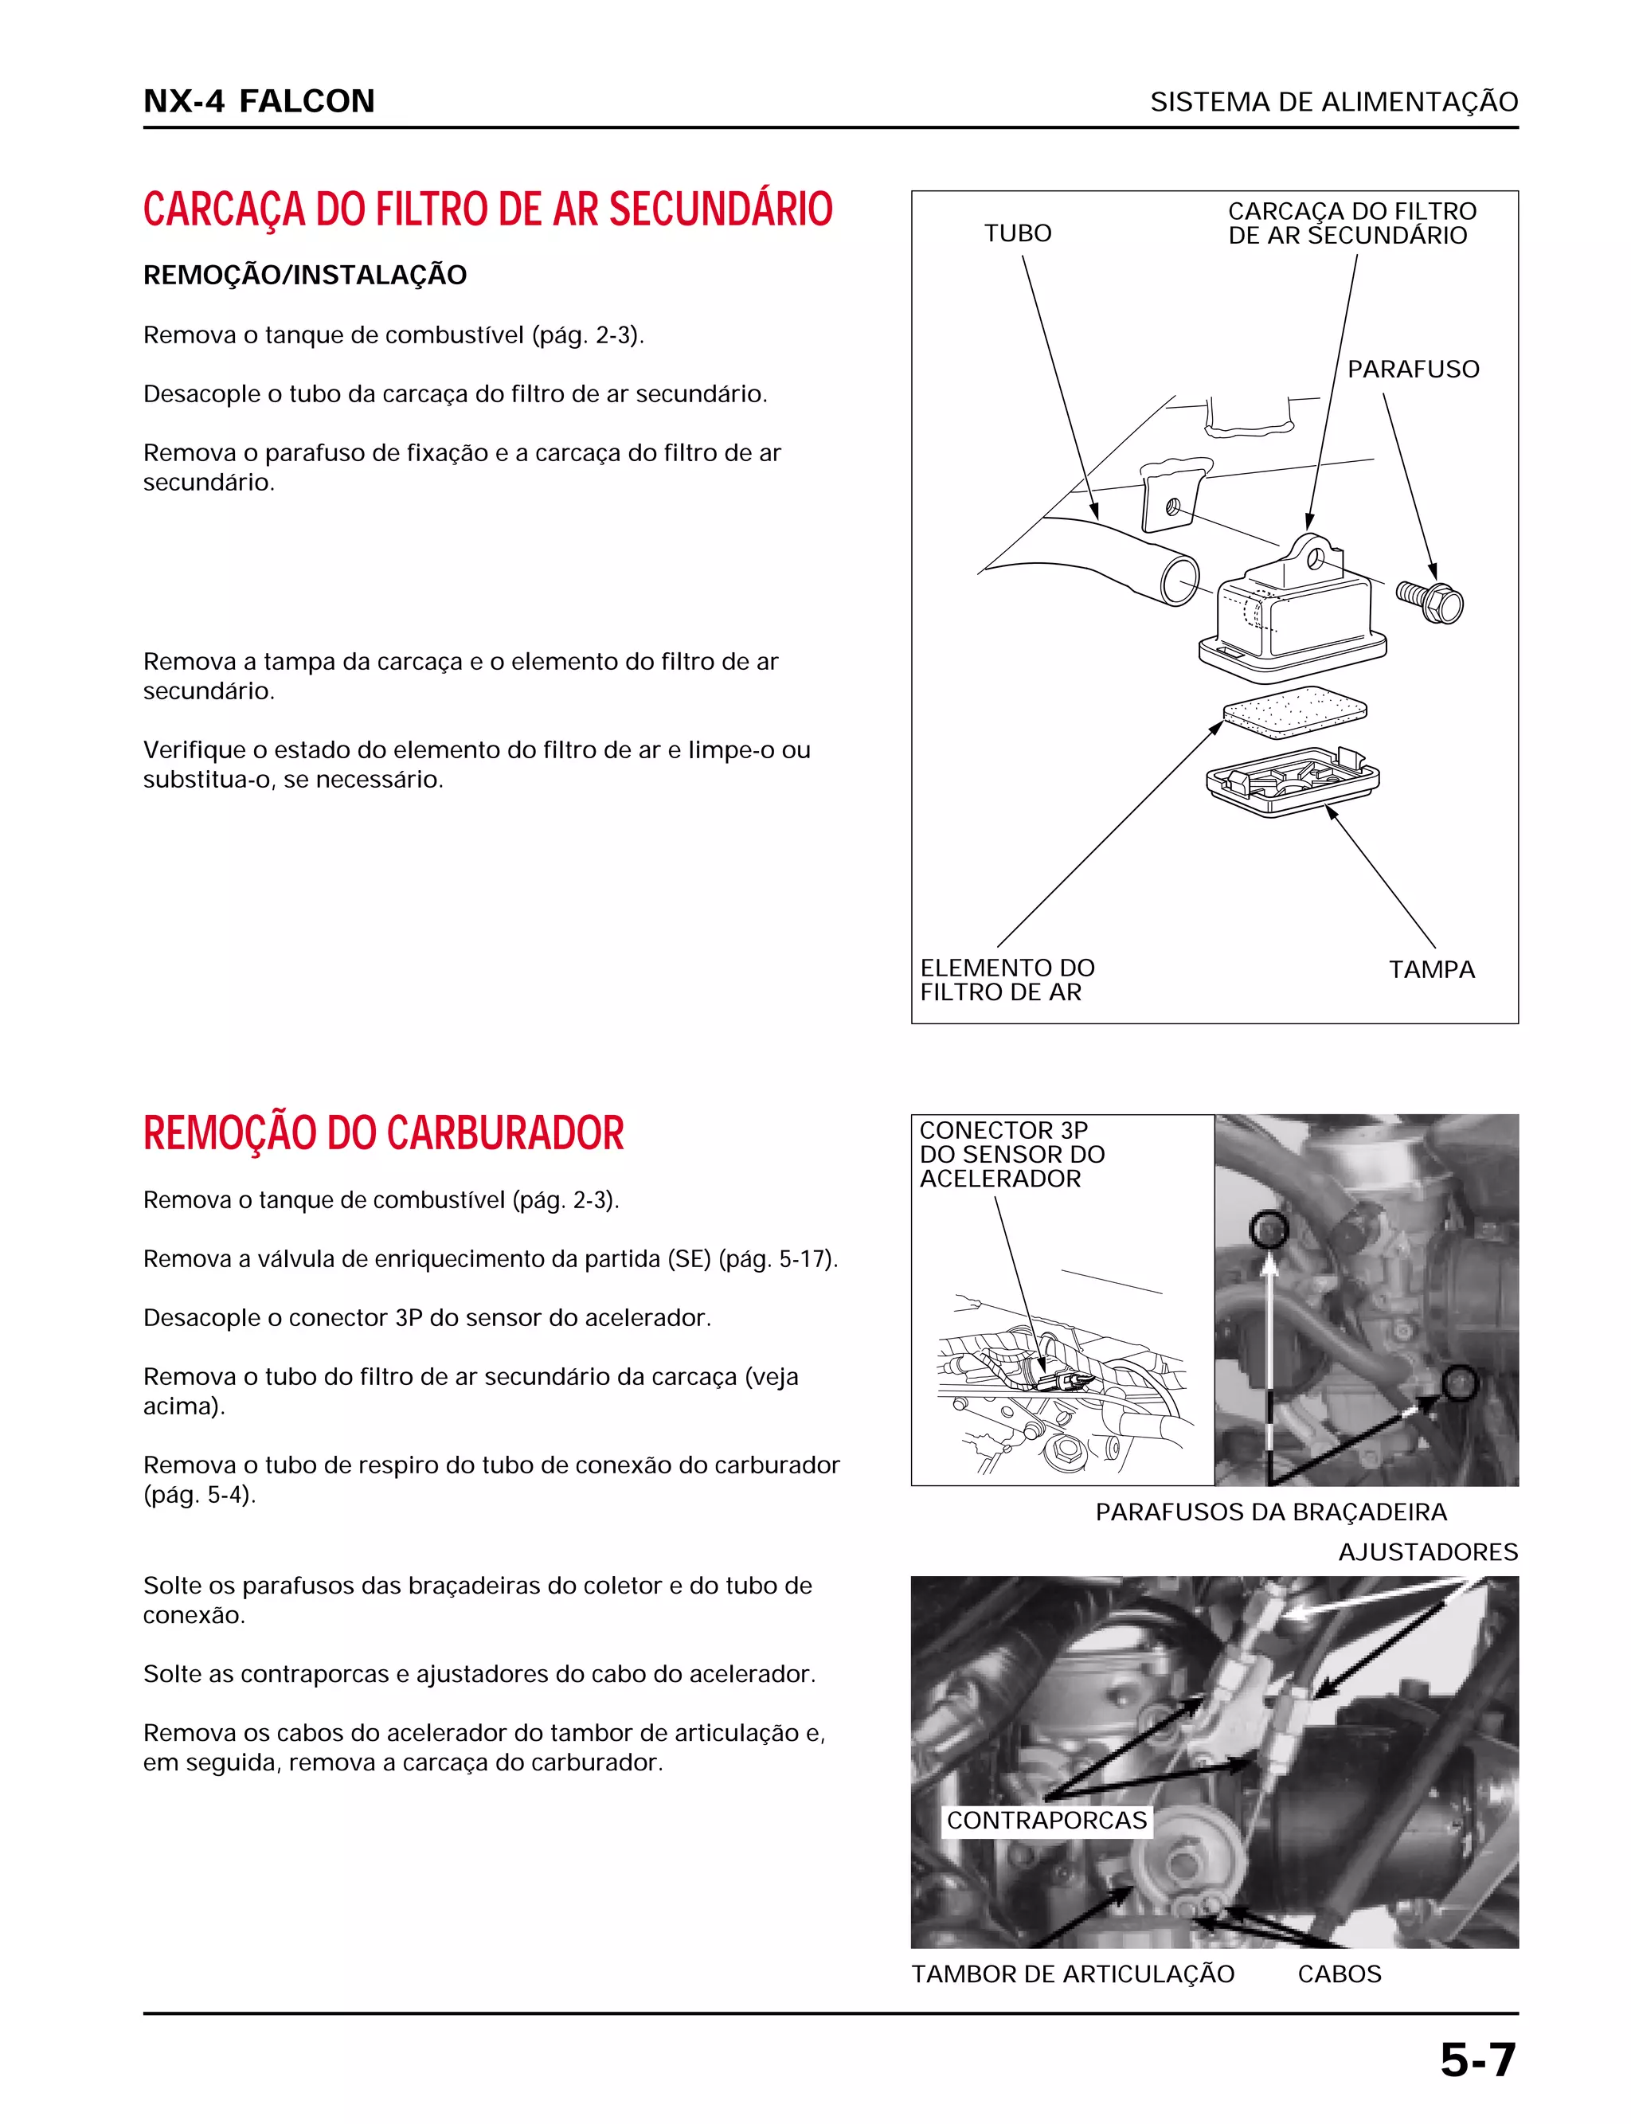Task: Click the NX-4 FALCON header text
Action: tap(258, 101)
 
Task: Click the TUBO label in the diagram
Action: tap(1018, 233)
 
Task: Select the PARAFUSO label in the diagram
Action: tap(1413, 369)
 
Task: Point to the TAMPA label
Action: tap(1431, 968)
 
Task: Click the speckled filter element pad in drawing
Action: tap(1295, 706)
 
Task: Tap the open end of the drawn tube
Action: tap(1179, 582)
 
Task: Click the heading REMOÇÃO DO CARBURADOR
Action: tap(384, 1132)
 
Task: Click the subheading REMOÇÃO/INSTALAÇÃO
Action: tap(305, 275)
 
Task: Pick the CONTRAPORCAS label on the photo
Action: tap(1046, 1819)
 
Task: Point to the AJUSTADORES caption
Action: tap(1427, 1551)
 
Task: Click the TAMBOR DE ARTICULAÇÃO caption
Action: tap(1073, 1973)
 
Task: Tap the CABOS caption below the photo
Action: tap(1339, 1973)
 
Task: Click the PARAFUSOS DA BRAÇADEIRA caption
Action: tap(1271, 1512)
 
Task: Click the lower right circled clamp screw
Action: tap(1458, 1383)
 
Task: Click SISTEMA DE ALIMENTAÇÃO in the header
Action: tap(1334, 102)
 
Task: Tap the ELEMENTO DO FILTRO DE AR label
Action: tap(1007, 980)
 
